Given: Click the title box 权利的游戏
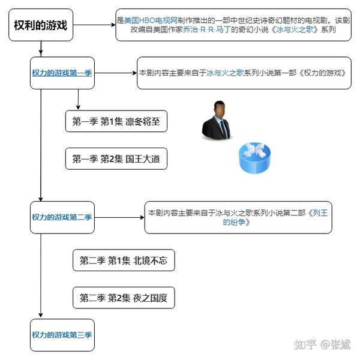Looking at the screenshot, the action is point(41,25).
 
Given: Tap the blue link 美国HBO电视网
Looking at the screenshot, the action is point(151,20).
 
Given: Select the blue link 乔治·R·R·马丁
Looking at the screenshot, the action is point(206,29).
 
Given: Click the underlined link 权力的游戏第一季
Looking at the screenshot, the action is point(62,73).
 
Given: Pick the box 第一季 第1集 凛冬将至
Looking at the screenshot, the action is point(116,121).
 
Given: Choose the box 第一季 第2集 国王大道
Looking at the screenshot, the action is point(116,158).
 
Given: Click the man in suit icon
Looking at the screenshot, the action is point(217,121).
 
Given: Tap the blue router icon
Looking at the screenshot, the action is point(254,158).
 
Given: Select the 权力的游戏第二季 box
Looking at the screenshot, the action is point(62,217).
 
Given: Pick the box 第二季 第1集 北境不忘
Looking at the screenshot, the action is point(124,260).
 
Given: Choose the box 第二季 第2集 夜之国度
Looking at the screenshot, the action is point(124,298).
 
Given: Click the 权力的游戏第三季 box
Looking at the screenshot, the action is point(62,335).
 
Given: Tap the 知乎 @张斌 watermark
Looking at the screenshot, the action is point(322,344).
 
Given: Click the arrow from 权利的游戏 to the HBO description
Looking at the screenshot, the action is point(94,25).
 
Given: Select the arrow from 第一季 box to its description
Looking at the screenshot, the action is point(116,73).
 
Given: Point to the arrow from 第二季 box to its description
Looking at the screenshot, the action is point(119,217).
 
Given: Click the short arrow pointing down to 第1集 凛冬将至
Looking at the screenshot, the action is point(78,100).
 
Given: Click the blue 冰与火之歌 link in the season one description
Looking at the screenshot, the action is point(225,73).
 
